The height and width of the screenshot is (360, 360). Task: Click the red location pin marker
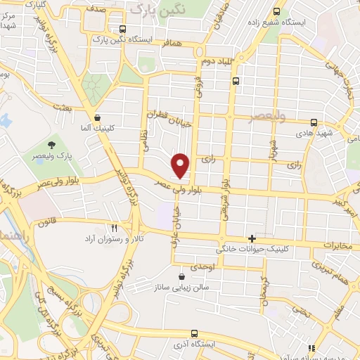point(181,165)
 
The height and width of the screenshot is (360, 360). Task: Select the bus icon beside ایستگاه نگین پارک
point(123,30)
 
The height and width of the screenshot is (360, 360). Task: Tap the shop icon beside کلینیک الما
point(97,117)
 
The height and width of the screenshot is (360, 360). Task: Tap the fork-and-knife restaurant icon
point(115,227)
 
